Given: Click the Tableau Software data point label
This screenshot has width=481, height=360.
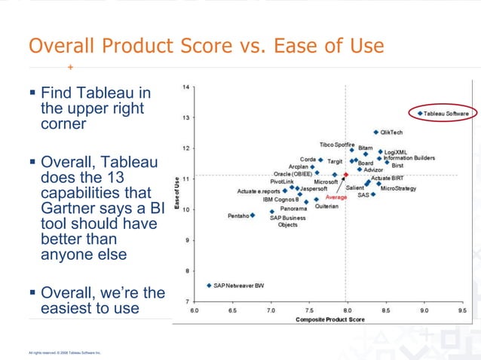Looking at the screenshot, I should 446,114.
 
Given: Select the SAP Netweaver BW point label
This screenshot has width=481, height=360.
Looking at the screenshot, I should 238,286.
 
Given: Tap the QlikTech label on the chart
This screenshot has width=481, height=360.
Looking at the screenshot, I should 391,133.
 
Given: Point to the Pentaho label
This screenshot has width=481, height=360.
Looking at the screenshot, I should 237,216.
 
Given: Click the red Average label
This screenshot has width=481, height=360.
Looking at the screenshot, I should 336,197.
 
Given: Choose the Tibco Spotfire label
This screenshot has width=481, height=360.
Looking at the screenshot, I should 336,144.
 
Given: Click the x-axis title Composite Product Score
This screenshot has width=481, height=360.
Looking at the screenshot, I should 329,319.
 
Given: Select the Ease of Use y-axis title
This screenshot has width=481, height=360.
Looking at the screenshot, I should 176,194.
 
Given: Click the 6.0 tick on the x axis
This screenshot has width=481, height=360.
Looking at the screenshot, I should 195,310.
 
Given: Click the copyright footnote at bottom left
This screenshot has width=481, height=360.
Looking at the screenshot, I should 64,352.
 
